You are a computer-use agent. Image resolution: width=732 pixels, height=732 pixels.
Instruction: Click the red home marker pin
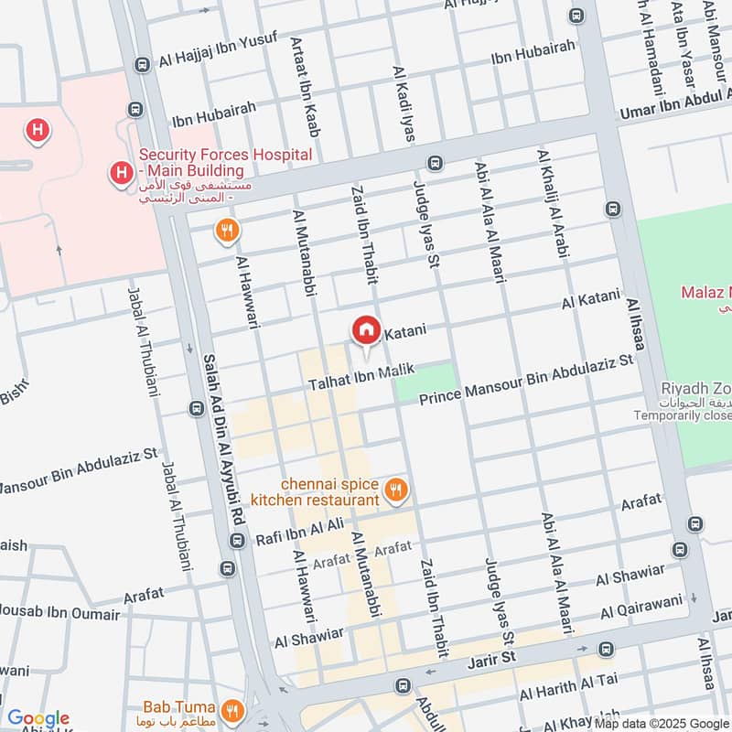[x=366, y=329]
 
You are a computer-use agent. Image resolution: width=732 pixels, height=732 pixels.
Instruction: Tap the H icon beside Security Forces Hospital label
[x=119, y=172]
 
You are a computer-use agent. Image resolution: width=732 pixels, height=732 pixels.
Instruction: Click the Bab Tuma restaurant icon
[x=233, y=709]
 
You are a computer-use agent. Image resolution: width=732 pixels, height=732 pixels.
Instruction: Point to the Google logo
[x=38, y=719]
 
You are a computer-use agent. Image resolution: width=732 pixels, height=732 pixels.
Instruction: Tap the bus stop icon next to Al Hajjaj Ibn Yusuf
[x=142, y=66]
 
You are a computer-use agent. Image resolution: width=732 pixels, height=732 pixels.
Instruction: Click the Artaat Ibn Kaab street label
[x=303, y=87]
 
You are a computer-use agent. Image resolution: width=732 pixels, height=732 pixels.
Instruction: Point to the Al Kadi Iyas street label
[x=403, y=102]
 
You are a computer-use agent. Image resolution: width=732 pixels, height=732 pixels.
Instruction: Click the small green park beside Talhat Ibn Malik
[x=425, y=382]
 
